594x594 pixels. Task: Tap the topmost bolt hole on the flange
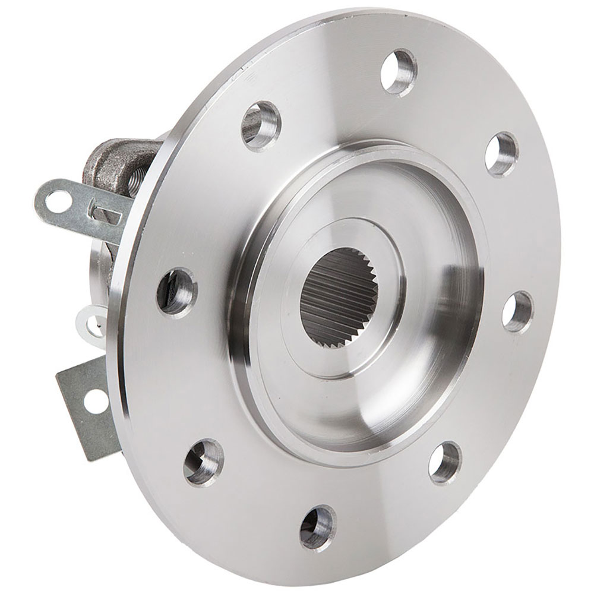[x=399, y=72]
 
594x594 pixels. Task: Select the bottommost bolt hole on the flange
[x=318, y=527]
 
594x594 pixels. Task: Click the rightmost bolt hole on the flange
[x=517, y=311]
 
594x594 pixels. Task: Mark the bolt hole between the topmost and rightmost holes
[x=501, y=154]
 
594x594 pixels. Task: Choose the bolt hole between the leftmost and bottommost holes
[x=203, y=462]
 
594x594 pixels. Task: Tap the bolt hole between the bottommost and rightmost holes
[x=444, y=462]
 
